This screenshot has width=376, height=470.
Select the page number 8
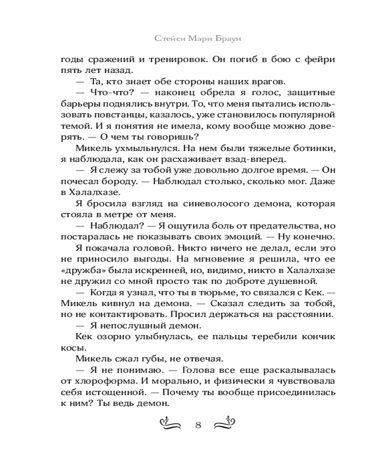pos(198,426)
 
